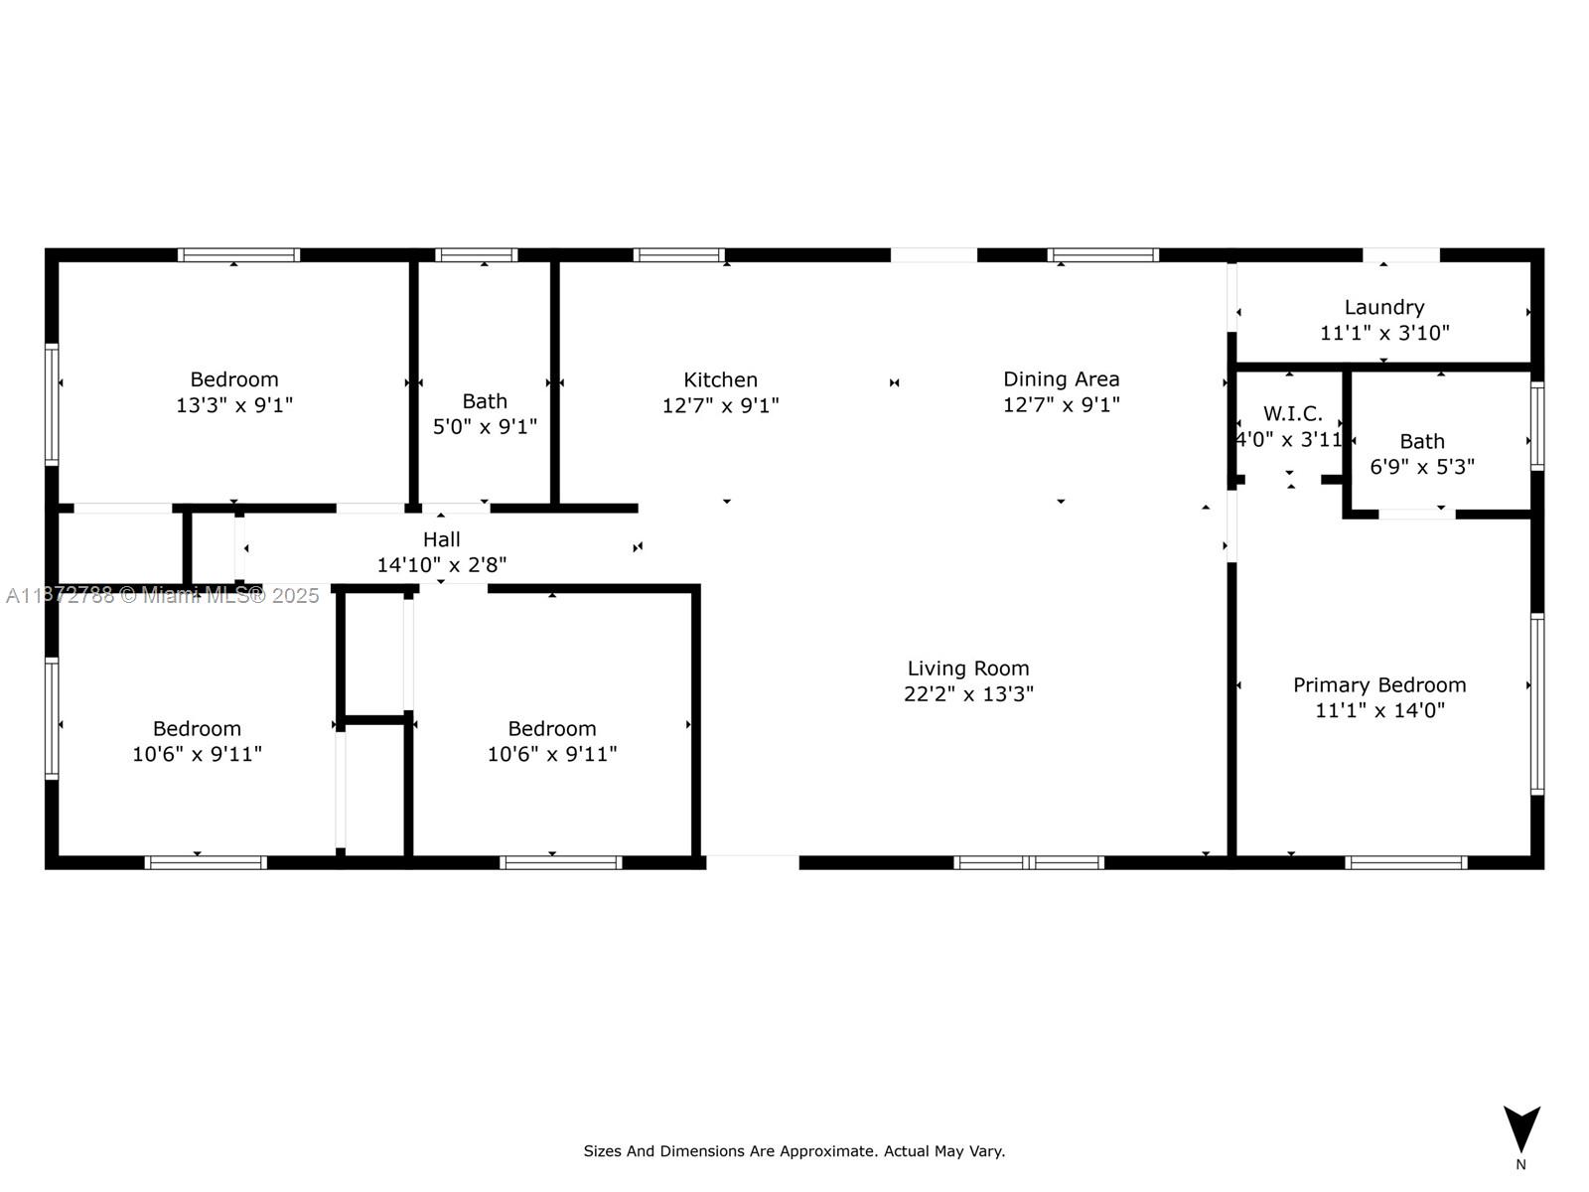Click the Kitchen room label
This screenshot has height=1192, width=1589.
click(x=720, y=379)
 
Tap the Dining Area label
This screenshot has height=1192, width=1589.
click(x=1061, y=378)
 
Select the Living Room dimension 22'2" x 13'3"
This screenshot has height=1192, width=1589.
click(x=968, y=693)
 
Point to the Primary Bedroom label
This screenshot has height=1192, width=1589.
click(x=1379, y=684)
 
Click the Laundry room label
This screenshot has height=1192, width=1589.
click(x=1383, y=307)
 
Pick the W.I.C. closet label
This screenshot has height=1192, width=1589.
click(x=1292, y=413)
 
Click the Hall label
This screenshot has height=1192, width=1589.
click(x=441, y=539)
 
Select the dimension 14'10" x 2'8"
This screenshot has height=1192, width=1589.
click(x=441, y=565)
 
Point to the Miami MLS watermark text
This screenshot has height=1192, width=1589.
click(x=163, y=595)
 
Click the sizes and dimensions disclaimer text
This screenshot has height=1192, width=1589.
click(x=794, y=1151)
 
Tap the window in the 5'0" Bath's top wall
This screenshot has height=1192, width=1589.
click(x=477, y=255)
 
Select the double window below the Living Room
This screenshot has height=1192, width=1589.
click(x=1029, y=862)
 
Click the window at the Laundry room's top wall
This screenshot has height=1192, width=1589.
click(x=1400, y=255)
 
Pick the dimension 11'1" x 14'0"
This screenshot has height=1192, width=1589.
click(x=1379, y=710)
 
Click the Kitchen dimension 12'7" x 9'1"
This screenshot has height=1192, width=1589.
click(x=720, y=405)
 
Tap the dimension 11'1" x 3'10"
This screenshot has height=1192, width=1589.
click(x=1383, y=333)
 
